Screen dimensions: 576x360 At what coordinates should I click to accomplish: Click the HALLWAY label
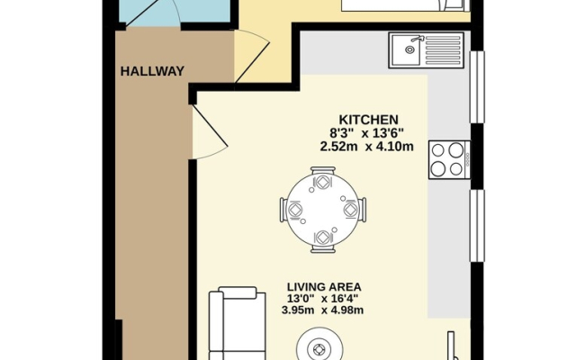tap(152, 71)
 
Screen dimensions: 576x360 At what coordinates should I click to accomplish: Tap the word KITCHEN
tap(368, 120)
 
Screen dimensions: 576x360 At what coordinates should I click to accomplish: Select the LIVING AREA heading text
tap(324, 286)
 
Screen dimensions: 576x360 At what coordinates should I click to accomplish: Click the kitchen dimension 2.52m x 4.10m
tap(367, 147)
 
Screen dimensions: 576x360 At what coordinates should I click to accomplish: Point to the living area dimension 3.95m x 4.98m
tap(322, 310)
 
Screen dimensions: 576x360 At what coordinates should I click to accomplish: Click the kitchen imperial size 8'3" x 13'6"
tap(367, 133)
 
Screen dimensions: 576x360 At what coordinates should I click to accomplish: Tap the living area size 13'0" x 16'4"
tap(323, 298)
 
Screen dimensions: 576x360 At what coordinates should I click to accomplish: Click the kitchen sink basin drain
tap(409, 49)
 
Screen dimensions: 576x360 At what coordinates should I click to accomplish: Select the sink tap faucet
tap(418, 38)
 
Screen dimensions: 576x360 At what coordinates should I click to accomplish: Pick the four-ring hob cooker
tap(449, 160)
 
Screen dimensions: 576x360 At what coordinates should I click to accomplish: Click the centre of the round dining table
tap(323, 210)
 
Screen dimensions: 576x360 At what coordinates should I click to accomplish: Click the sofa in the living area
tap(237, 323)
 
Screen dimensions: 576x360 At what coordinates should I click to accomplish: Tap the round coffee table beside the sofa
tap(319, 346)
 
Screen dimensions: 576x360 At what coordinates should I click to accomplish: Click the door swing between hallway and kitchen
tap(210, 132)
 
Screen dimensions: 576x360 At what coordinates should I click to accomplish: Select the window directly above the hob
tap(478, 86)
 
